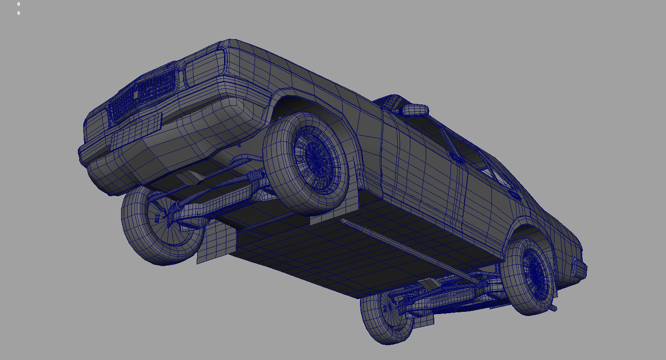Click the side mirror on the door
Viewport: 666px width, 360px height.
coord(415,110)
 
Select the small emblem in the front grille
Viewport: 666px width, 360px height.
coord(134,95)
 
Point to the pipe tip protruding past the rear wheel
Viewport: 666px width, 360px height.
coord(553,308)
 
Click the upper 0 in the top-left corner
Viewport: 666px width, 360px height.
coord(18,4)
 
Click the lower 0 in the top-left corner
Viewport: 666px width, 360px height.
coord(18,13)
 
